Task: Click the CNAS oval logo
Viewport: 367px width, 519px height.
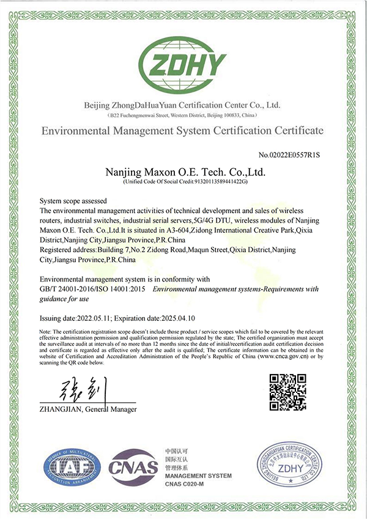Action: pos(133,468)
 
